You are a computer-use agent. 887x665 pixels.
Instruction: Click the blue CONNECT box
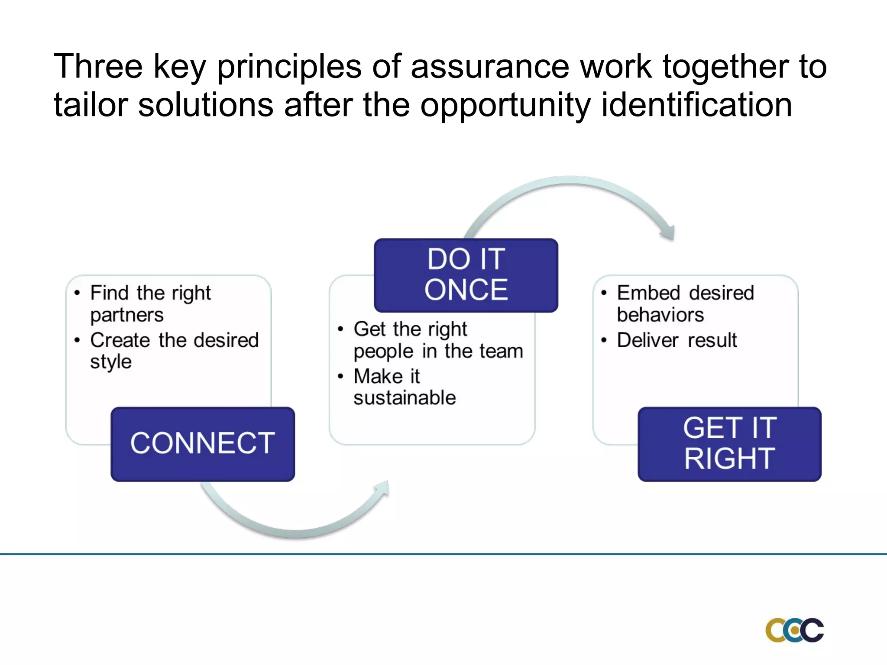coord(203,444)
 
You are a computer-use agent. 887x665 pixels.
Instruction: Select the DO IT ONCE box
coord(466,275)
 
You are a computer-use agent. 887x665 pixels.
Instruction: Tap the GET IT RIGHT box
coord(729,444)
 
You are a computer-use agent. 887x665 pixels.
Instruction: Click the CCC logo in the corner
coord(794,630)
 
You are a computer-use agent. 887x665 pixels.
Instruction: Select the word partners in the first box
coord(127,315)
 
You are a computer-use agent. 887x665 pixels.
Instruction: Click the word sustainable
coord(405,398)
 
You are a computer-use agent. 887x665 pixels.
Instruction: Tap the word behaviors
coord(660,315)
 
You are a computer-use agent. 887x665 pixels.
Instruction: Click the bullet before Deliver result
coord(604,340)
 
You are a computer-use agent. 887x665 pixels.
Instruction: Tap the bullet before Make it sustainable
coord(340,376)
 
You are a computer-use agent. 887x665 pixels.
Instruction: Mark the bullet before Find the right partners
coord(77,293)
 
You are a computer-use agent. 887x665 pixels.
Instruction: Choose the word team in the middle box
coord(504,351)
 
